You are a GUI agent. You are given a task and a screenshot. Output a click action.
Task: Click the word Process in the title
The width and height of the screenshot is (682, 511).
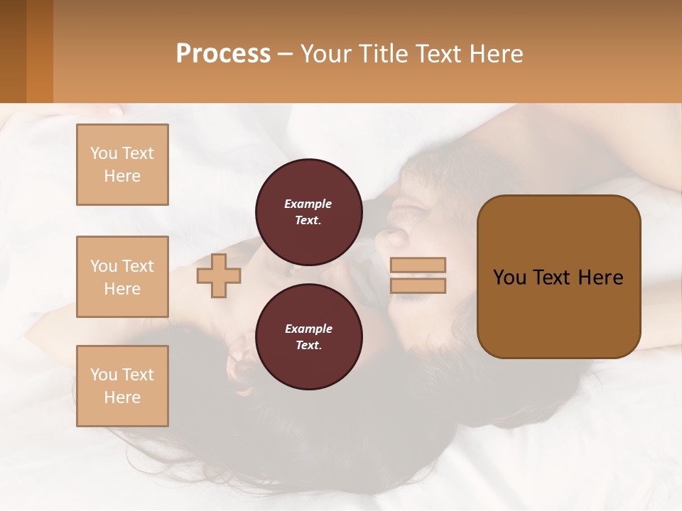(x=223, y=54)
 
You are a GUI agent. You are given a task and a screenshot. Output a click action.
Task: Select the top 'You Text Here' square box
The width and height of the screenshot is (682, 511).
(x=122, y=165)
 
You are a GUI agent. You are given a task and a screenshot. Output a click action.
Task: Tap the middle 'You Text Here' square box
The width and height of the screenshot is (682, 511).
(x=122, y=277)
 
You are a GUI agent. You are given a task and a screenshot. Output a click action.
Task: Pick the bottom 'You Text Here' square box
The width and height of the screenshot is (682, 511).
(x=122, y=386)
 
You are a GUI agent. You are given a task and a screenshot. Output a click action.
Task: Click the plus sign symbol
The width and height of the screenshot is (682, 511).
(x=219, y=275)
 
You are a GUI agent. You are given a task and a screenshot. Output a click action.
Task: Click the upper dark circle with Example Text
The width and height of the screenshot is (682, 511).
(x=308, y=211)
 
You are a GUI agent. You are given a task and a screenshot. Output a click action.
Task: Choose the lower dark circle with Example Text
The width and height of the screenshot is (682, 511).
(x=308, y=336)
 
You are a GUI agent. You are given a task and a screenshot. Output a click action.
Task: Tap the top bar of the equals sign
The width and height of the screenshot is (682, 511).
(x=418, y=265)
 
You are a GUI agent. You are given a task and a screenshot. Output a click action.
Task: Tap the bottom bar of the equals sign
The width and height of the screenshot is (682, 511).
(x=418, y=286)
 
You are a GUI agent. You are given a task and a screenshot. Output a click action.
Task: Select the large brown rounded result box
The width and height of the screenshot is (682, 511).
(x=558, y=277)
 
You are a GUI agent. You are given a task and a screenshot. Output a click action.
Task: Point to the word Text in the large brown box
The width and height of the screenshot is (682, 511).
(x=554, y=278)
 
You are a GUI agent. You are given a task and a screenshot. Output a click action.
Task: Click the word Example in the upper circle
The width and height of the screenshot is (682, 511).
(x=308, y=204)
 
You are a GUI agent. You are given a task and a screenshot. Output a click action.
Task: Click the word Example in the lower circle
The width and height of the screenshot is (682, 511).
(x=308, y=329)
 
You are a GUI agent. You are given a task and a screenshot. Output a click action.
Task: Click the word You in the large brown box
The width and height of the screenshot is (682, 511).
(x=510, y=278)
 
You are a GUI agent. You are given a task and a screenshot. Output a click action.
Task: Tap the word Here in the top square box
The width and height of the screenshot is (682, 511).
(x=122, y=176)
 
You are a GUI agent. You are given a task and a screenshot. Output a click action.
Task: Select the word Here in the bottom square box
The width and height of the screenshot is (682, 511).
(x=122, y=397)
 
